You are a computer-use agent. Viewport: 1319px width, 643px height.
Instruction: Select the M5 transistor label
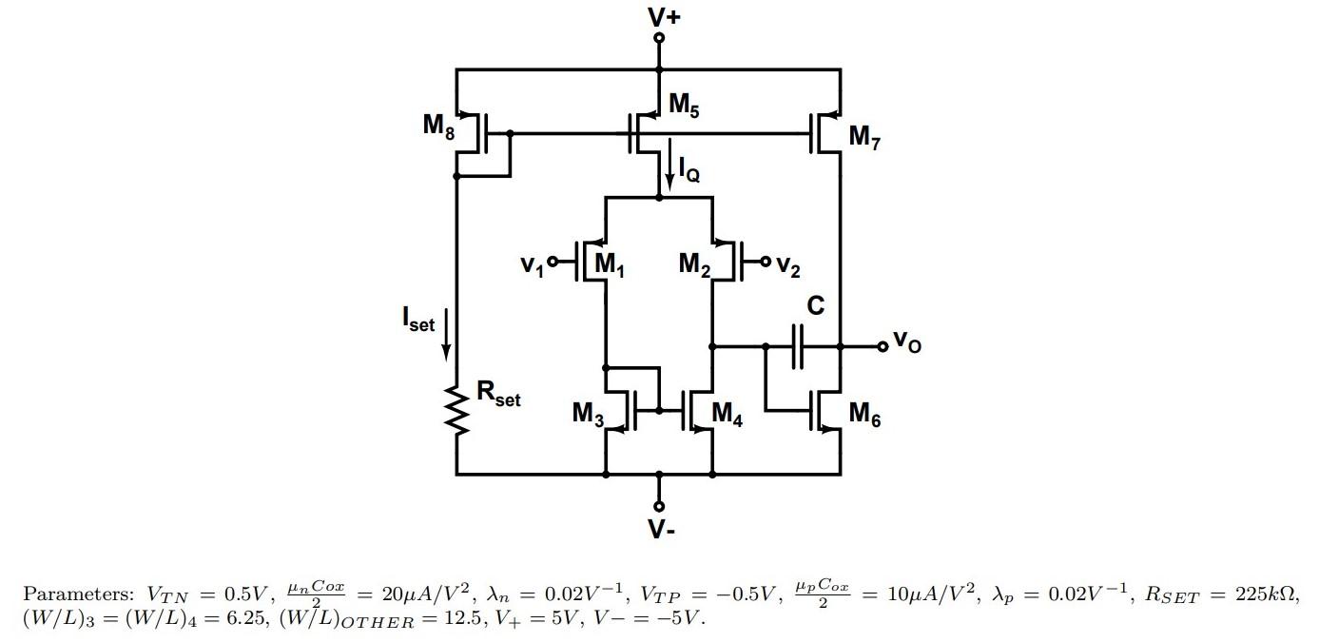click(684, 106)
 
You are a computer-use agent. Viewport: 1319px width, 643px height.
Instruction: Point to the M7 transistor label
click(864, 138)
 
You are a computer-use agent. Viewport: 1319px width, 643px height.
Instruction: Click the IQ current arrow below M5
click(670, 162)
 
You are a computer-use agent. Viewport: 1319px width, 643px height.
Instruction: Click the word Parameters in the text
click(78, 595)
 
